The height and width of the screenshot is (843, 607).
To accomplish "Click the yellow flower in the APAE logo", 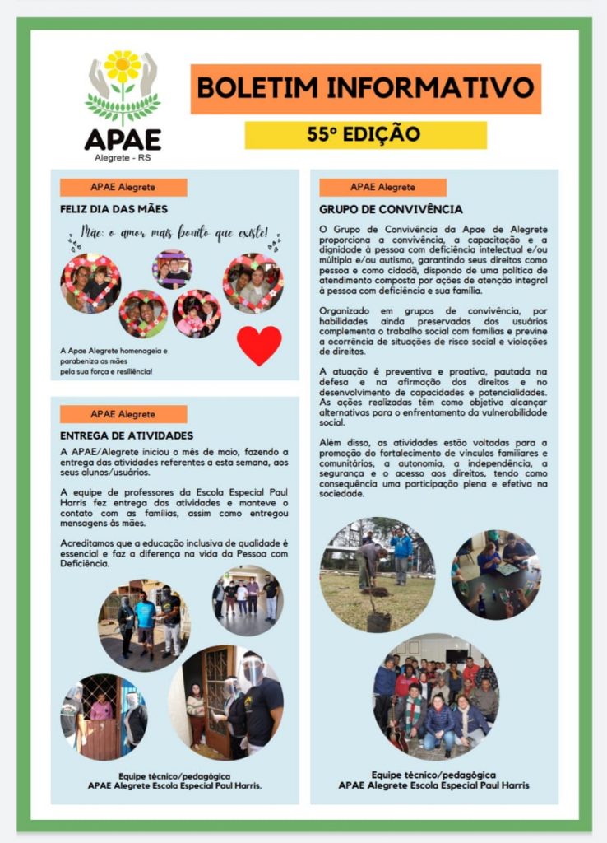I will point(123,67).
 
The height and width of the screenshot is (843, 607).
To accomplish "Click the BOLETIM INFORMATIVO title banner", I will point(365,88).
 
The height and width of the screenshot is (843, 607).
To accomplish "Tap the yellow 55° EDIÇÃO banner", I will point(365,134).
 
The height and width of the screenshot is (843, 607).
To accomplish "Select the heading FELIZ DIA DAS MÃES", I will point(114,209).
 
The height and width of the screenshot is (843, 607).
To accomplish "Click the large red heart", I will point(259,344).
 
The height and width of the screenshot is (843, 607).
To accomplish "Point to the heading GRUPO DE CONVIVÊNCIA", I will point(391,209).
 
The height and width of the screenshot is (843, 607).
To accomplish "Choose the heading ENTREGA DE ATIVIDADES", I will point(127,435).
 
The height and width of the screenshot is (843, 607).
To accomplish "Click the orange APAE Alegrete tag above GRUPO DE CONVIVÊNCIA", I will point(382,187).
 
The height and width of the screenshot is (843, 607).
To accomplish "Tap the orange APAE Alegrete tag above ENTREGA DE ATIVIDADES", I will point(123,414).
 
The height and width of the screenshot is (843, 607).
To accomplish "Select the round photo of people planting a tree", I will point(378,574).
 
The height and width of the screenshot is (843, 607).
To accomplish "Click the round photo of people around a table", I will point(494,575).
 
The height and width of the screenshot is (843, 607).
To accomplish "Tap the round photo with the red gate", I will point(104,715).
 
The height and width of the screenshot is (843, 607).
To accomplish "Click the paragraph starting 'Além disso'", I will point(433,468).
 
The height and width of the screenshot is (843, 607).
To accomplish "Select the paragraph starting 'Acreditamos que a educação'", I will point(174,552).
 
